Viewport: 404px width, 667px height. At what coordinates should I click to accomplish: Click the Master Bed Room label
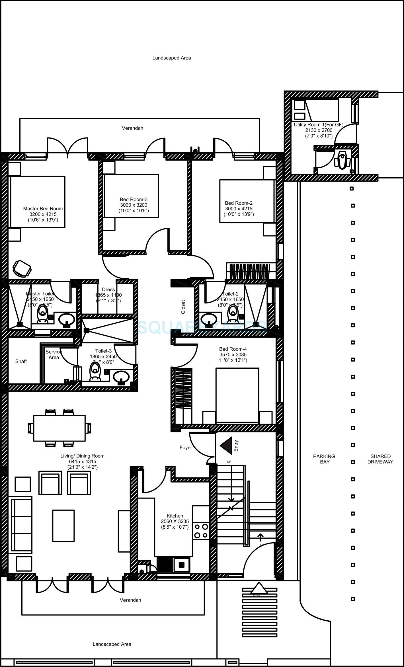coord(43,209)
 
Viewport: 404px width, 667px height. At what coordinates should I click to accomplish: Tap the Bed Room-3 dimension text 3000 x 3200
coord(134,205)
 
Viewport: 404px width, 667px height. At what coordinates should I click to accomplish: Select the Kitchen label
coord(175,516)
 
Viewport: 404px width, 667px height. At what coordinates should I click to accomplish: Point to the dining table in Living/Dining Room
coord(59,428)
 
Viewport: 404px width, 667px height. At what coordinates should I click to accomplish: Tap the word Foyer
coord(186,448)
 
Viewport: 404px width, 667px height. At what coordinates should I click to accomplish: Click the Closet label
coord(183,307)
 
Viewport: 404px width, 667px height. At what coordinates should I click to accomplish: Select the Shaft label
coord(21,361)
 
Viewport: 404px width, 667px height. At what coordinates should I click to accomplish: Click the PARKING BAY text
coord(324,459)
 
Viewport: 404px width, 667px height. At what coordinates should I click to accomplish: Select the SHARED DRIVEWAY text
coord(380,459)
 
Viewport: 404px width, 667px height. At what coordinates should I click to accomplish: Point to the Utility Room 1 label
coord(319,125)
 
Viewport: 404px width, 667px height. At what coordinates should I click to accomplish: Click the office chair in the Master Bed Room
coord(22,268)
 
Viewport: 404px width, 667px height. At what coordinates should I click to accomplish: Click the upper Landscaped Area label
coord(171,58)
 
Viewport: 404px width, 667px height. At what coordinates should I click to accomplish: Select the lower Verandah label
coord(130,600)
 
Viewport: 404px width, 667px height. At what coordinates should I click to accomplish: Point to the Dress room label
coord(108,290)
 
